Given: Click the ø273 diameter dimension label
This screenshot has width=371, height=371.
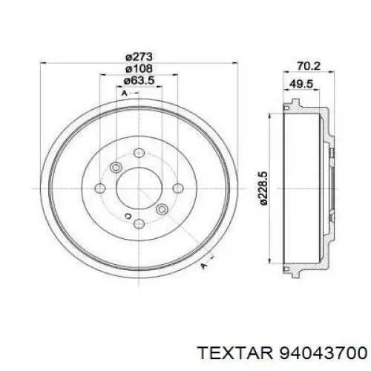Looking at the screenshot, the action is pyautogui.click(x=139, y=57).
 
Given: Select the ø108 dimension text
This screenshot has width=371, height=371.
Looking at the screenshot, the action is pyautogui.click(x=139, y=69).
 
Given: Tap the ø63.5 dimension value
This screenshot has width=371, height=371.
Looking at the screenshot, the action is pyautogui.click(x=139, y=80).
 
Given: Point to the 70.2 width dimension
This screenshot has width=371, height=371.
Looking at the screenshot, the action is pyautogui.click(x=309, y=66).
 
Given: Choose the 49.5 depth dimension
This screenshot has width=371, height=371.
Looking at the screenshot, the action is pyautogui.click(x=301, y=85).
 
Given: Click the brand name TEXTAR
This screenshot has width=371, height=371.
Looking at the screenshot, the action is pyautogui.click(x=236, y=352).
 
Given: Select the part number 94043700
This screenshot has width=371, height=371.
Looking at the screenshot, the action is pyautogui.click(x=323, y=352).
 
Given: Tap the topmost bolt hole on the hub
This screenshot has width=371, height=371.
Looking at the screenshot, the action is pyautogui.click(x=139, y=153).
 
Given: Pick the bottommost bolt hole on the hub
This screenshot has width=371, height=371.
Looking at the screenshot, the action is pyautogui.click(x=139, y=224).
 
